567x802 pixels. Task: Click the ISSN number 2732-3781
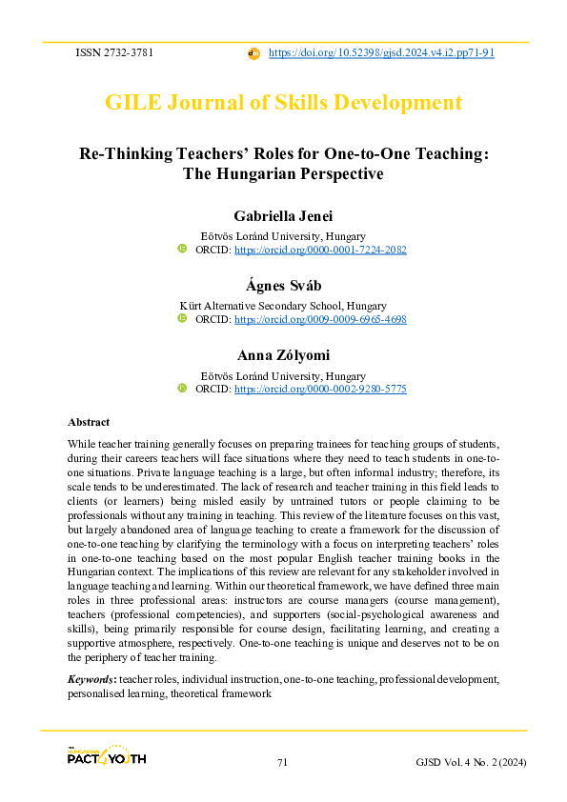pyautogui.click(x=131, y=53)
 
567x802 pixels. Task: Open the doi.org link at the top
pyautogui.click(x=381, y=53)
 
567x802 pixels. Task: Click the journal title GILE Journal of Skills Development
pyautogui.click(x=283, y=103)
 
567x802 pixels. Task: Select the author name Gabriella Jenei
pyautogui.click(x=283, y=216)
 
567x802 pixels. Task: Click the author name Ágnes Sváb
pyautogui.click(x=283, y=286)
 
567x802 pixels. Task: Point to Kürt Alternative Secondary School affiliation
pyautogui.click(x=283, y=306)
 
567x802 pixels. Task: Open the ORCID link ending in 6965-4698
pyautogui.click(x=320, y=319)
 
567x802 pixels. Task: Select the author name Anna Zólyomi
pyautogui.click(x=283, y=355)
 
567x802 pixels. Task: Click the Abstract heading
pyautogui.click(x=89, y=421)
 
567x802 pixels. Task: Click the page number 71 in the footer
pyautogui.click(x=283, y=762)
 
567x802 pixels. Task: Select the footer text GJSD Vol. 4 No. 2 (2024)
pyautogui.click(x=471, y=762)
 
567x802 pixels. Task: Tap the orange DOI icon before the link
pyautogui.click(x=253, y=53)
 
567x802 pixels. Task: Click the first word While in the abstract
pyautogui.click(x=81, y=444)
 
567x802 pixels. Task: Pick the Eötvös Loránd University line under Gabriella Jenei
pyautogui.click(x=283, y=236)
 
